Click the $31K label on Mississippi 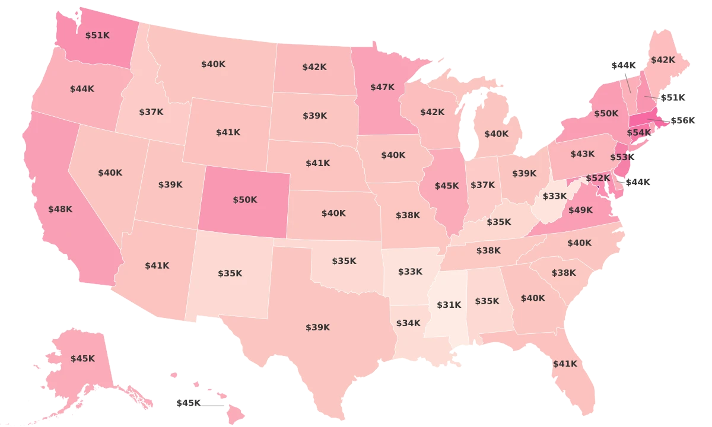click(x=449, y=305)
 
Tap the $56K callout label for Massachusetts click(x=682, y=120)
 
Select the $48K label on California click(x=60, y=209)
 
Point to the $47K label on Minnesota click(x=382, y=87)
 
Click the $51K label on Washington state click(x=97, y=36)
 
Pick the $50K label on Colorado click(x=244, y=200)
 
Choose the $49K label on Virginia click(x=580, y=209)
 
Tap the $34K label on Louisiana click(x=408, y=323)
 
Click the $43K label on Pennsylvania click(x=582, y=154)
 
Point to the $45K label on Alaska click(x=82, y=358)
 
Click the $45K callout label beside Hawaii click(x=189, y=403)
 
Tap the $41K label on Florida click(x=564, y=364)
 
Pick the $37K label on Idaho click(x=151, y=111)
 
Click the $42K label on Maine click(x=663, y=60)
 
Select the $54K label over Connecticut click(x=638, y=132)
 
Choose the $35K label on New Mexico click(x=230, y=273)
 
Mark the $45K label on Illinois click(x=447, y=186)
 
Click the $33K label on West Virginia click(x=555, y=196)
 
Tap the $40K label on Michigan click(x=496, y=134)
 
